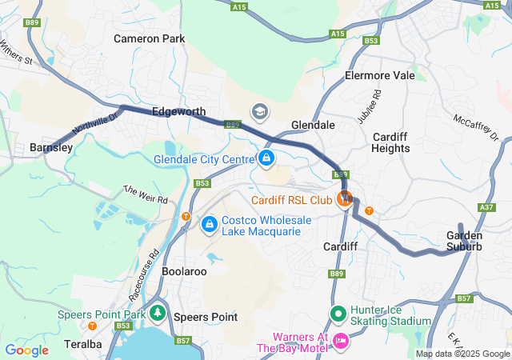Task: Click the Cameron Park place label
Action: tap(149, 38)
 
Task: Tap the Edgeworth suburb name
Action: tap(178, 112)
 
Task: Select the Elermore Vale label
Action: tap(380, 75)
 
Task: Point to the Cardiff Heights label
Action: tap(391, 142)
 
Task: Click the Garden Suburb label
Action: tap(464, 241)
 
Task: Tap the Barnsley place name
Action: tap(51, 148)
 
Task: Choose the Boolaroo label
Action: tap(184, 272)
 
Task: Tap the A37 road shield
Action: tap(486, 207)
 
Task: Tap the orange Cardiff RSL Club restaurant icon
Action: tap(346, 198)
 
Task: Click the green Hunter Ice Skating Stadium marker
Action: tap(337, 314)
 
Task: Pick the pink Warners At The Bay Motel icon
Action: tap(340, 342)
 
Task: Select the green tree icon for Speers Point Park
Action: tap(158, 314)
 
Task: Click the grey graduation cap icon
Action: tap(259, 110)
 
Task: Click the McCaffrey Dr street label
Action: tap(476, 127)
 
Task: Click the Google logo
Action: tap(26, 350)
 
